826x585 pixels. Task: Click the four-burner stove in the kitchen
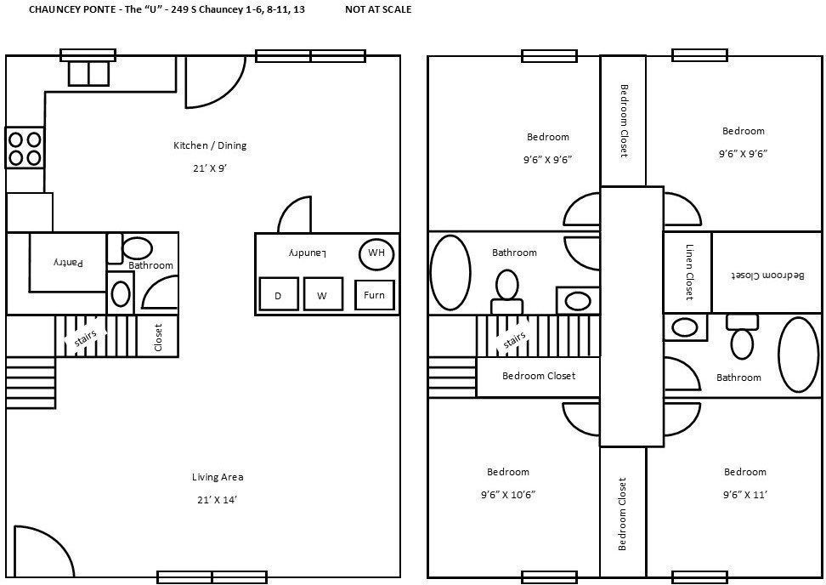25,148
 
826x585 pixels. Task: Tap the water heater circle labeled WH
376,253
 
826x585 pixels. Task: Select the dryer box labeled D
278,296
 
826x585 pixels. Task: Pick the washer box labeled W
323,296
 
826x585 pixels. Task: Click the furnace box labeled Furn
374,296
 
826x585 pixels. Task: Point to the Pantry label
69,263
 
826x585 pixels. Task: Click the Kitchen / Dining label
209,145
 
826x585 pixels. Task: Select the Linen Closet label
688,272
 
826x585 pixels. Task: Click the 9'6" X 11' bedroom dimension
744,494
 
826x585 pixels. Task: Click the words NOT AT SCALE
378,10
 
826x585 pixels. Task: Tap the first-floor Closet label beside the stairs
158,337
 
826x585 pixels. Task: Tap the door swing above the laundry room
297,215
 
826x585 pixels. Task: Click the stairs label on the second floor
515,340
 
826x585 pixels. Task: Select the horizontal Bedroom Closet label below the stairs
538,376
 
